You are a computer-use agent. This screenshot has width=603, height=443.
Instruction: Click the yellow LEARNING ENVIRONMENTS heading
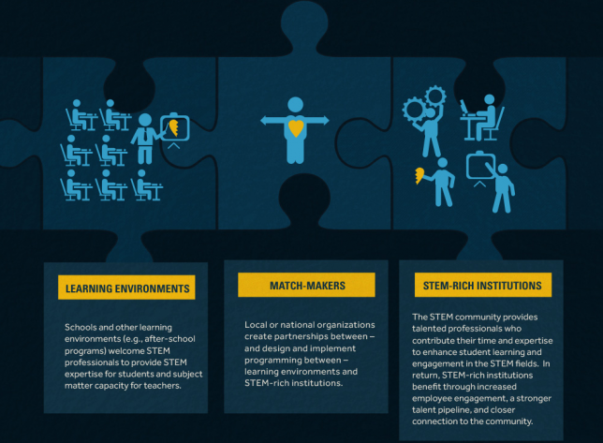[126, 288]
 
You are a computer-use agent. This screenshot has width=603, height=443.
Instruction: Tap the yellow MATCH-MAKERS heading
[306, 285]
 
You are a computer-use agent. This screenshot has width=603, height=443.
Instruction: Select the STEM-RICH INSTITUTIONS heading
[482, 285]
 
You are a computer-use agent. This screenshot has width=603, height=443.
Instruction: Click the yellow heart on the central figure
[296, 127]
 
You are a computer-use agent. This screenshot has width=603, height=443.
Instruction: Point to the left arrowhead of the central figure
[265, 121]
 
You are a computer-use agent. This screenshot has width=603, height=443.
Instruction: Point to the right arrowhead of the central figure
[325, 121]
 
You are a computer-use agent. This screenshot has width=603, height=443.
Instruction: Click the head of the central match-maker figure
[295, 105]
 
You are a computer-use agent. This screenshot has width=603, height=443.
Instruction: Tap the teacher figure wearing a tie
[145, 139]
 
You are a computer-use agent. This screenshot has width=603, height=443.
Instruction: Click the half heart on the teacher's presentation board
[173, 127]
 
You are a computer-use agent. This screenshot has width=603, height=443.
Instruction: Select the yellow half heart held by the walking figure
[419, 175]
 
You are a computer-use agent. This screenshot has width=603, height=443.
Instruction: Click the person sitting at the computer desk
[485, 117]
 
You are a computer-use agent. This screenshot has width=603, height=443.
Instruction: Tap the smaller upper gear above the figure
[435, 96]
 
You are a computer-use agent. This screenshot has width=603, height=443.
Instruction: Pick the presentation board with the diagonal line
[480, 166]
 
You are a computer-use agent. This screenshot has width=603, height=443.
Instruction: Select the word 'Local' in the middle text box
[256, 325]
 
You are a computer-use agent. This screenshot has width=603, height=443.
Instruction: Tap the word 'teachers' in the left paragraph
[162, 385]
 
